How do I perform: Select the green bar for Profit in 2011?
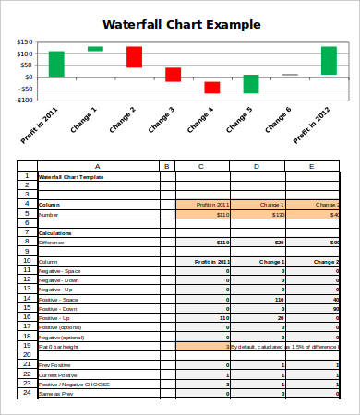point(56,64)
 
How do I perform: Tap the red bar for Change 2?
point(134,57)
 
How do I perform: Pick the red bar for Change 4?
point(212,88)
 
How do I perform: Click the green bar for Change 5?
point(251,84)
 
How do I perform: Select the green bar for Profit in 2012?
point(329,60)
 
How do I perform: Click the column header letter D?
point(256,166)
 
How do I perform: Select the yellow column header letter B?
point(167,166)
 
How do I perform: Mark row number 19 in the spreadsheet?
point(27,346)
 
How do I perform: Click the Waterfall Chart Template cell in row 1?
point(74,176)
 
